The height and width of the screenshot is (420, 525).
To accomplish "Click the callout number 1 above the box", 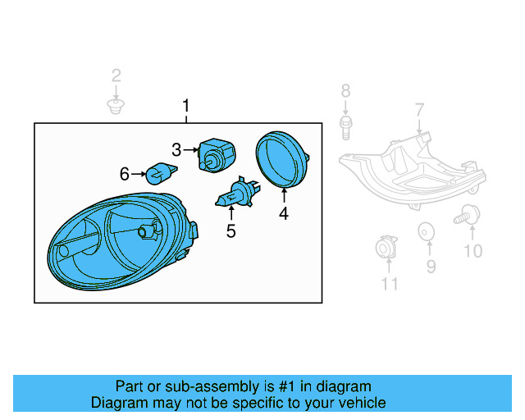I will click(x=186, y=106).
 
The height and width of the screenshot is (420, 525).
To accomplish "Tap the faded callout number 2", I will click(x=116, y=76).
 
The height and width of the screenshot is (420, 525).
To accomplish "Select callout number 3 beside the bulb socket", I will click(x=176, y=149).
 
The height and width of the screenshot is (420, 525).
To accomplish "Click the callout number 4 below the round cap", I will click(x=284, y=214).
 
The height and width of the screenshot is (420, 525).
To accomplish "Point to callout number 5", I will click(x=231, y=231).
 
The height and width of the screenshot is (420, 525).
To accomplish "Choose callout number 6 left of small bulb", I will click(x=125, y=173).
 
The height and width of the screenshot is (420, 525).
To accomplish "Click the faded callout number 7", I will click(x=419, y=109).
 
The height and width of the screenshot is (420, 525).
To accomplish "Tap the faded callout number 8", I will click(x=345, y=90).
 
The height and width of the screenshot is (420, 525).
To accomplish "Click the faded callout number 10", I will click(x=473, y=251).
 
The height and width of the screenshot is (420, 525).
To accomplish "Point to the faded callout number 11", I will click(x=390, y=284).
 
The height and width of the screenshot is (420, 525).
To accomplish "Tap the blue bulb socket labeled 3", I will click(x=215, y=153).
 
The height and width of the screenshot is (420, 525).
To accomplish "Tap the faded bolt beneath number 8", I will click(x=345, y=125).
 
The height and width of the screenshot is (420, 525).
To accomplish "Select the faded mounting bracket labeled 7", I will click(x=410, y=168).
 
